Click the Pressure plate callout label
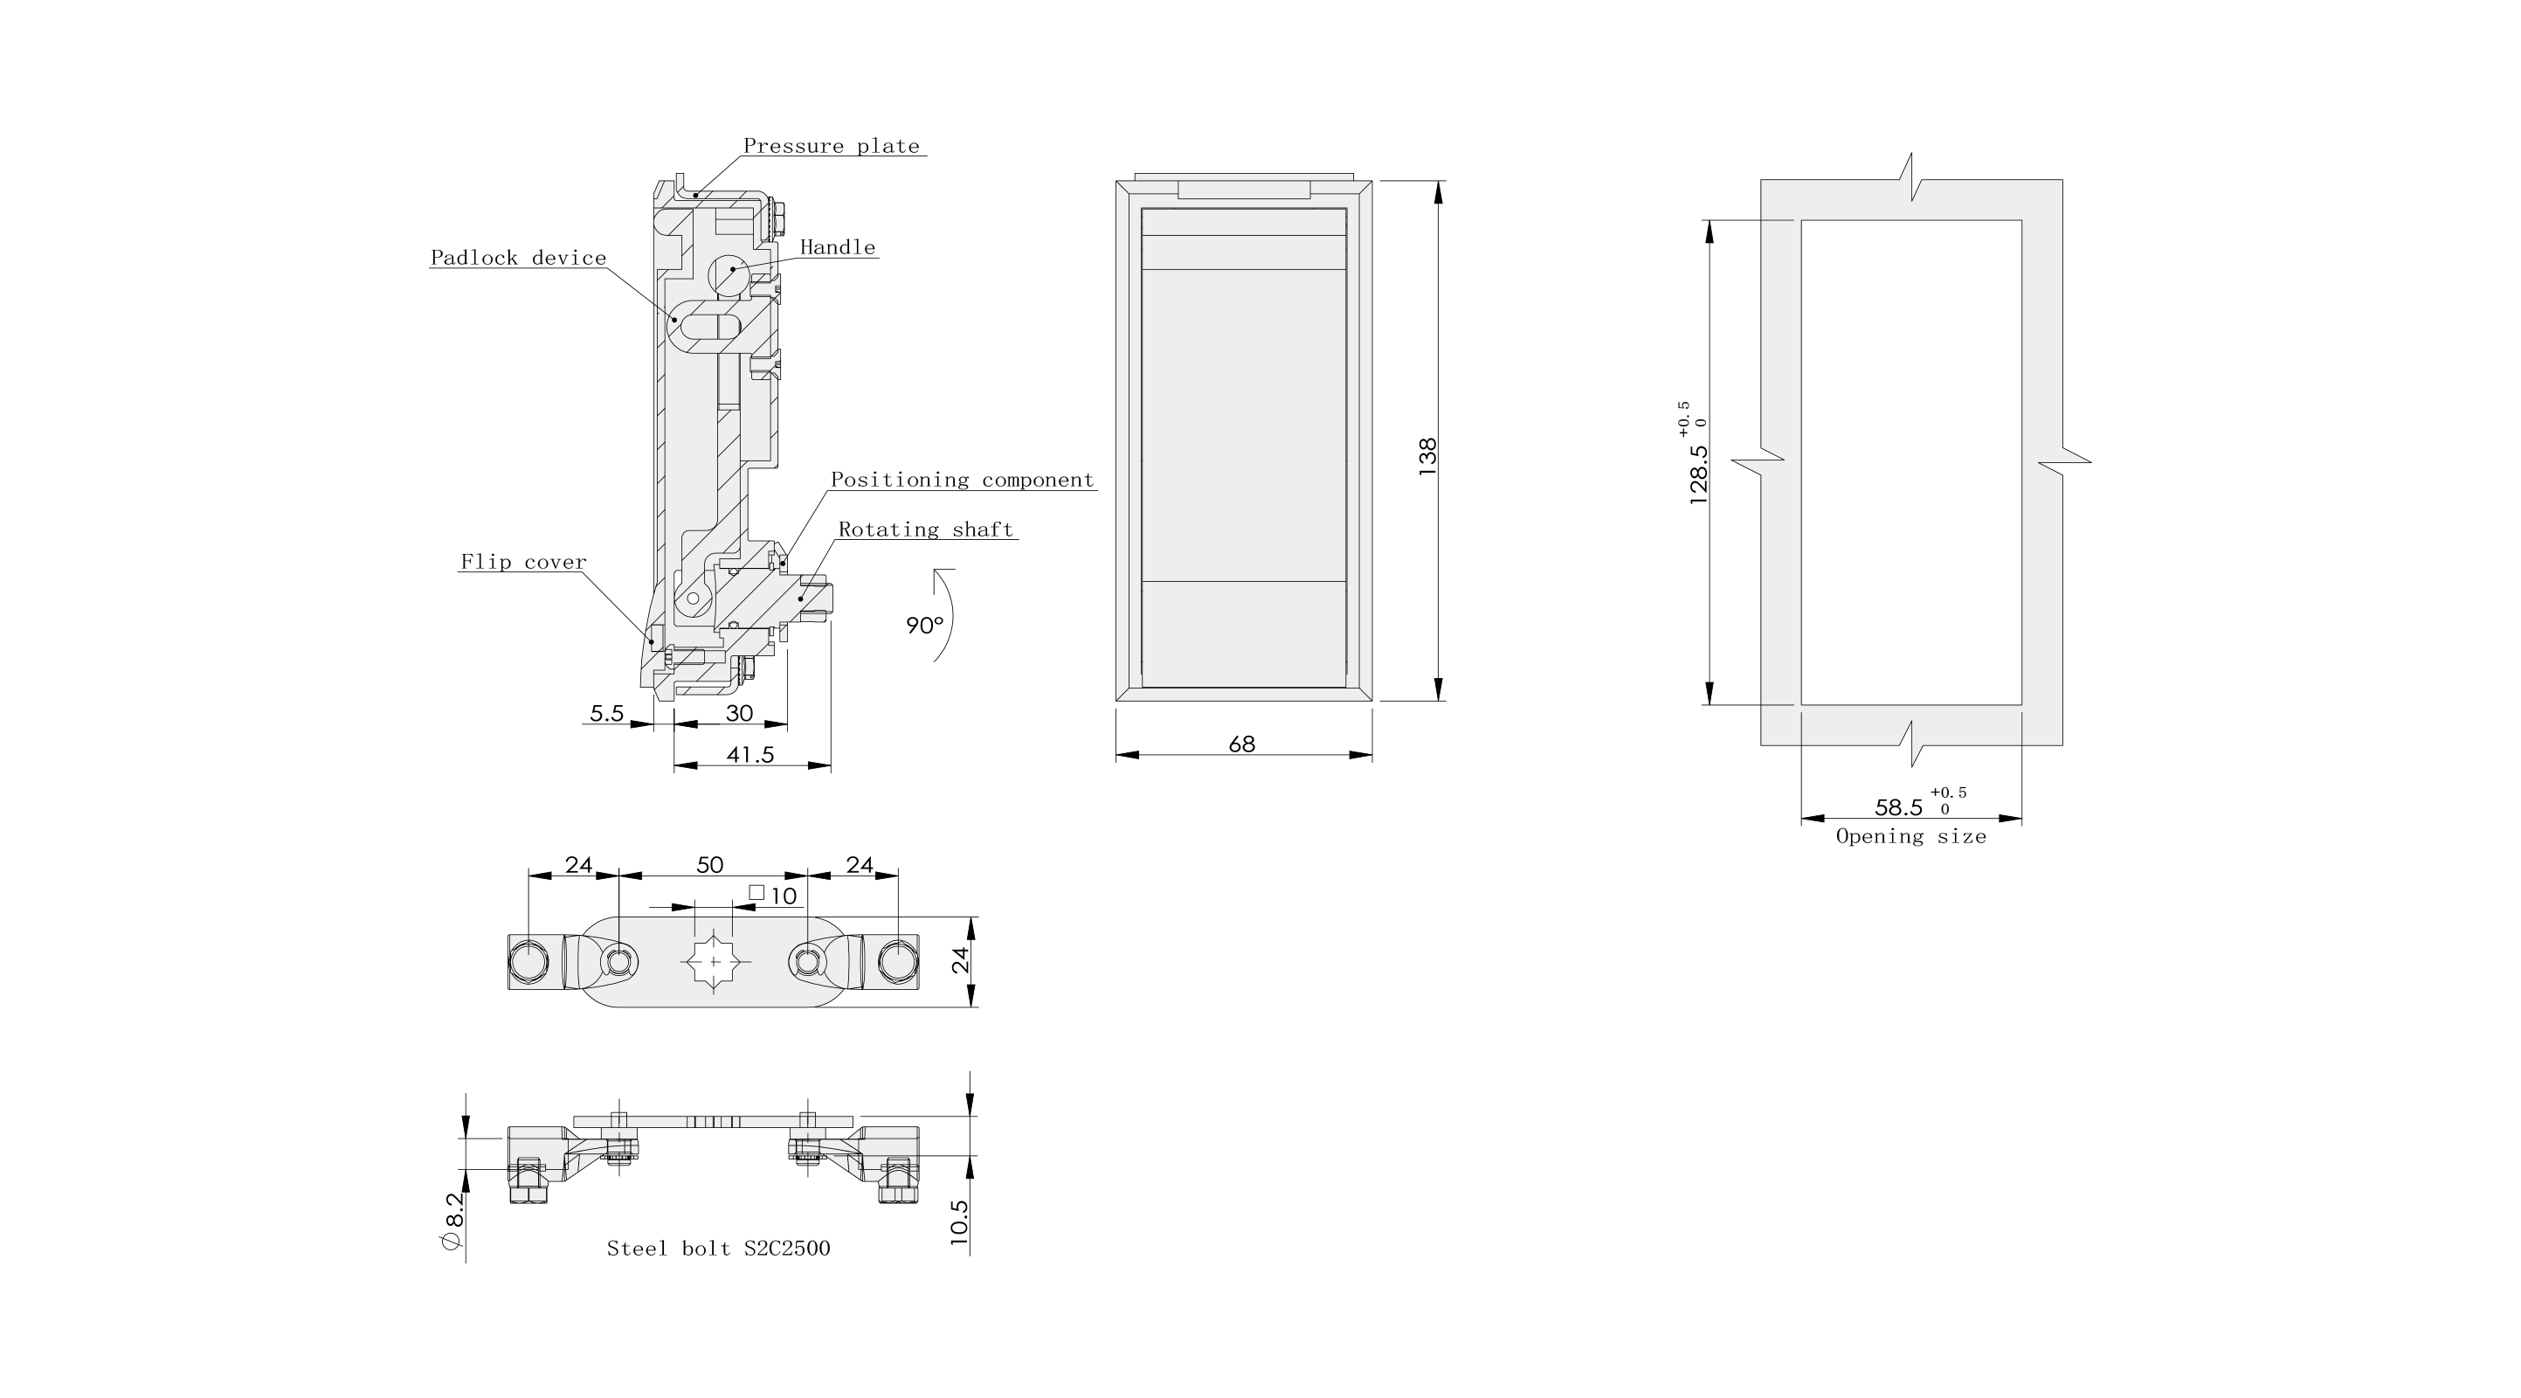pyautogui.click(x=831, y=146)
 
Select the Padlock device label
pyautogui.click(x=519, y=258)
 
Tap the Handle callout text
pyautogui.click(x=838, y=246)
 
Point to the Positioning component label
pyautogui.click(x=962, y=480)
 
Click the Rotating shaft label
pyautogui.click(x=925, y=529)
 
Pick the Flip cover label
pyautogui.click(x=523, y=562)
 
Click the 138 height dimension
pyautogui.click(x=1428, y=456)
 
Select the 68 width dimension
pyautogui.click(x=1241, y=744)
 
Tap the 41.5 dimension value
pyautogui.click(x=750, y=754)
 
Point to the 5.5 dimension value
pyautogui.click(x=607, y=713)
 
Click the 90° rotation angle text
pyautogui.click(x=924, y=625)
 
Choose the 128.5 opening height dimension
pyautogui.click(x=1699, y=474)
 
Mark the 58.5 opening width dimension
pyautogui.click(x=1898, y=807)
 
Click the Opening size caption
pyautogui.click(x=1910, y=836)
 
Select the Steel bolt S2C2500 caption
pyautogui.click(x=718, y=1249)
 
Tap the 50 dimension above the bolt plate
pyautogui.click(x=709, y=864)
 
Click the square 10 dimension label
pyautogui.click(x=773, y=895)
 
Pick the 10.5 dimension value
pyautogui.click(x=959, y=1222)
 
